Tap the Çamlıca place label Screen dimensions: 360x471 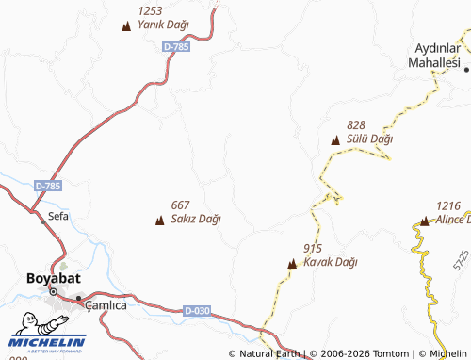[x=106, y=305]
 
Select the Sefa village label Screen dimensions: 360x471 [x=58, y=216]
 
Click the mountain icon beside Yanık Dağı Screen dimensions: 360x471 [x=126, y=25]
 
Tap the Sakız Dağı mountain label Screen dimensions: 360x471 [x=196, y=220]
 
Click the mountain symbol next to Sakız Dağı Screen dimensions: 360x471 [x=158, y=221]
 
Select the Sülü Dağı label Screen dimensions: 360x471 [x=369, y=139]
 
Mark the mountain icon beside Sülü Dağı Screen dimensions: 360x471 [x=334, y=139]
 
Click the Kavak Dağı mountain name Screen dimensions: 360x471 [x=331, y=262]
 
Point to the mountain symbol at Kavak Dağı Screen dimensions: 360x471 [x=292, y=264]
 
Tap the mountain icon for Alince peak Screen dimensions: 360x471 [x=424, y=221]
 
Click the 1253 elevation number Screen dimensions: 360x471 [x=151, y=10]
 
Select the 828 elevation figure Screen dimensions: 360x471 [x=356, y=125]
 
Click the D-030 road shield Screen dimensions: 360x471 [x=197, y=310]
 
